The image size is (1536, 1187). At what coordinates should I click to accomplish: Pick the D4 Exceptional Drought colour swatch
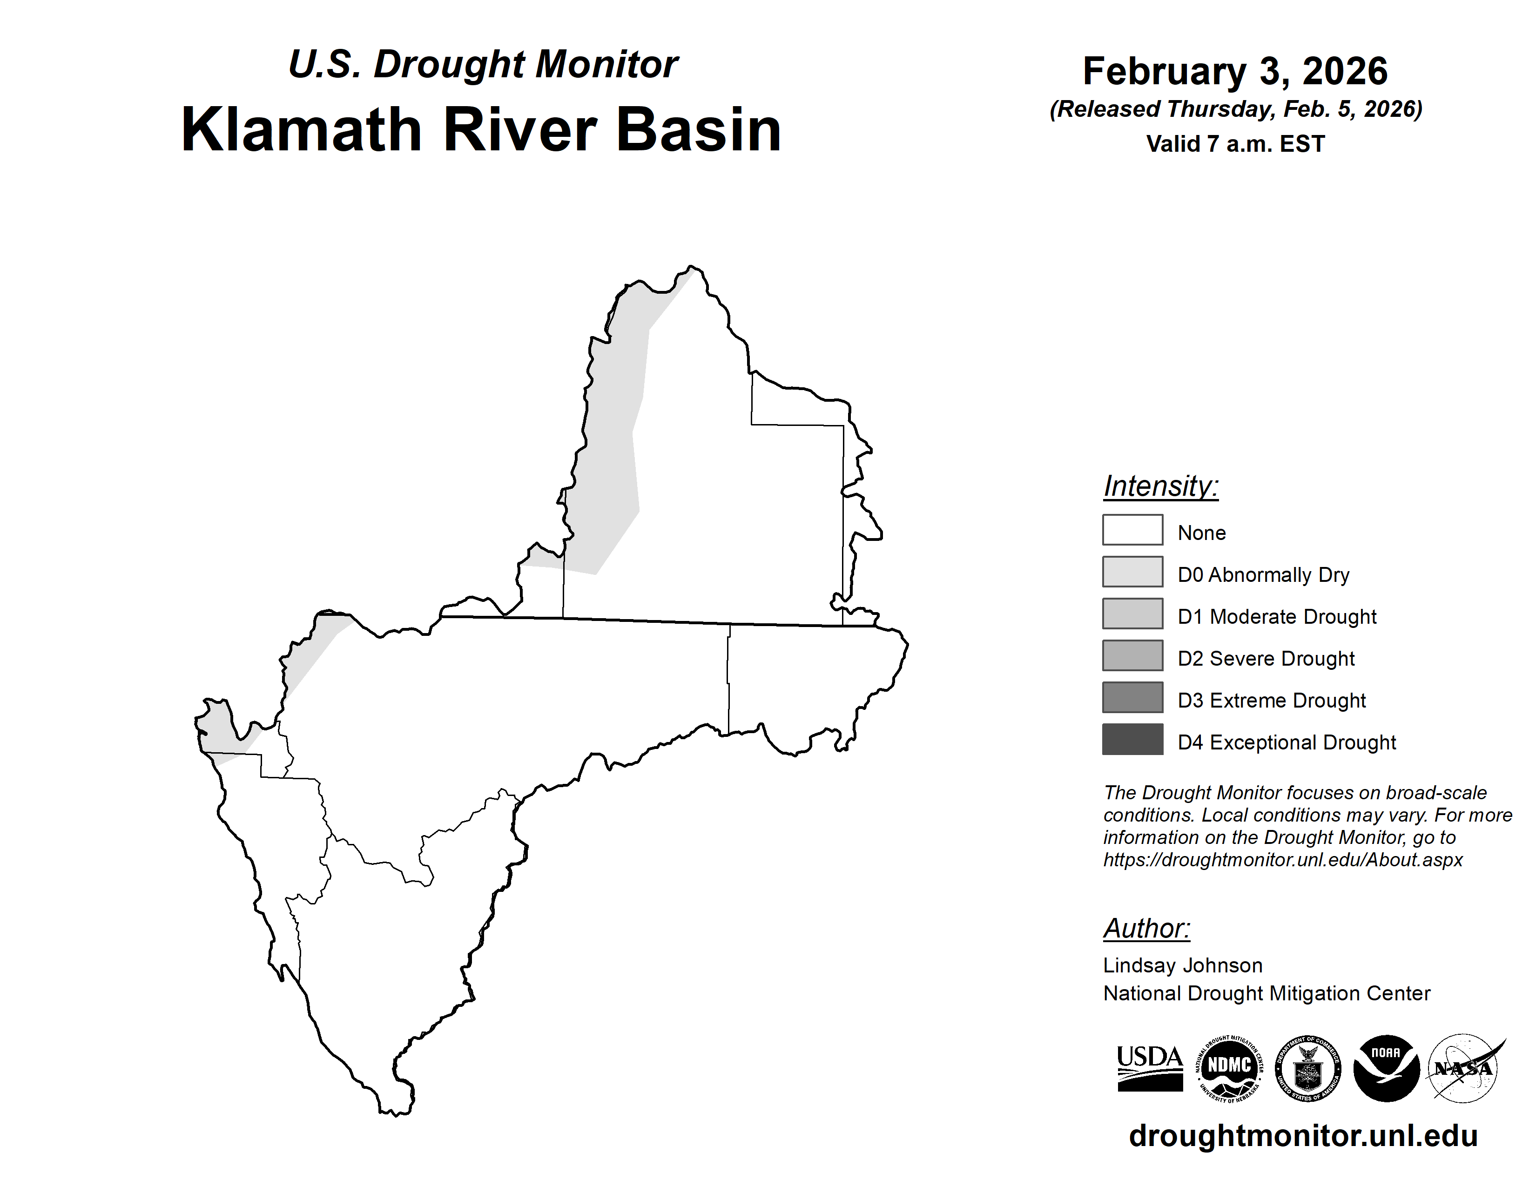1132,739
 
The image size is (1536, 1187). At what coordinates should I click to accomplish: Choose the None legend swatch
1132,530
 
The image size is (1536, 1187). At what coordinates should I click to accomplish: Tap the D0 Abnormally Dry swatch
1132,572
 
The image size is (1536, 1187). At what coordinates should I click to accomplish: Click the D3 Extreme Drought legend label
1272,701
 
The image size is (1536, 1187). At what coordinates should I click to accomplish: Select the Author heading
1147,928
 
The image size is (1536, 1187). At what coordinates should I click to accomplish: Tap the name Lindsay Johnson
1183,965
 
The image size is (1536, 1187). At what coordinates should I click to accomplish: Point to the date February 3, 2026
1235,71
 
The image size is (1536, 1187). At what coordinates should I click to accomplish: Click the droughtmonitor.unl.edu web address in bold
1303,1136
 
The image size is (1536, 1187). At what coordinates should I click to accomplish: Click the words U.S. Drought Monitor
483,65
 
